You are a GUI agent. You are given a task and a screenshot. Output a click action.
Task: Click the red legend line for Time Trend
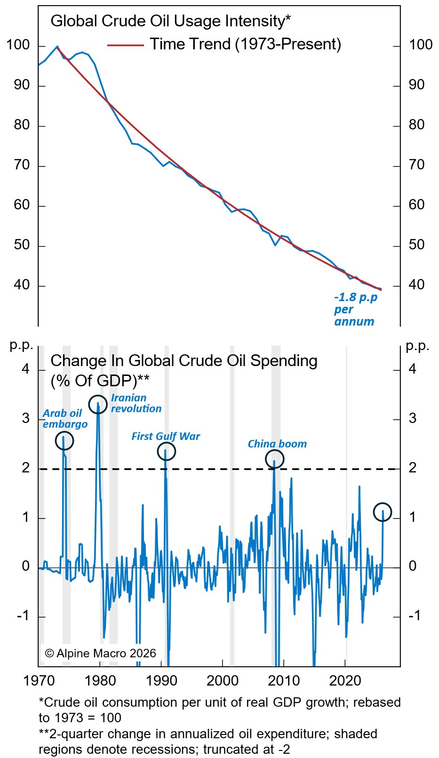[x=125, y=45]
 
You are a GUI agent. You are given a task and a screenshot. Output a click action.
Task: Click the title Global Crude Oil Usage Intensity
[x=170, y=21]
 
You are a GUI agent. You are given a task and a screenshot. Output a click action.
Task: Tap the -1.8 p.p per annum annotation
[x=355, y=310]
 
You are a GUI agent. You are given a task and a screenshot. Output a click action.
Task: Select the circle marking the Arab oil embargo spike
[x=64, y=441]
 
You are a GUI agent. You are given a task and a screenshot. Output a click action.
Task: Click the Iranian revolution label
[x=136, y=403]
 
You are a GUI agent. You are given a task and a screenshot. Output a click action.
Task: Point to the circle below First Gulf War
[x=166, y=452]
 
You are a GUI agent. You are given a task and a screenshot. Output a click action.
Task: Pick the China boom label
[x=277, y=444]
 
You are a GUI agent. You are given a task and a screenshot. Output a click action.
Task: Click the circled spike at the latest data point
[x=383, y=512]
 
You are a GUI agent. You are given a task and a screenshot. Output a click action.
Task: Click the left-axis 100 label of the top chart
[x=18, y=45]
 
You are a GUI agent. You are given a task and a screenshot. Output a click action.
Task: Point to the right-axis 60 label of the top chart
[x=416, y=205]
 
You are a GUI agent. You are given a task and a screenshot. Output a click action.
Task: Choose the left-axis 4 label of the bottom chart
[x=25, y=369]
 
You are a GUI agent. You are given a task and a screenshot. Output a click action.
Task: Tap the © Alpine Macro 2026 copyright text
[x=100, y=653]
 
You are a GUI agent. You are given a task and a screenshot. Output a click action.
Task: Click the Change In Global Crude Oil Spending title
[x=184, y=361]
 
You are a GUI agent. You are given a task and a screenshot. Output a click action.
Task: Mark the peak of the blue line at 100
[x=57, y=47]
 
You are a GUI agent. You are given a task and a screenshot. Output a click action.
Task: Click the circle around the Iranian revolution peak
[x=98, y=404]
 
